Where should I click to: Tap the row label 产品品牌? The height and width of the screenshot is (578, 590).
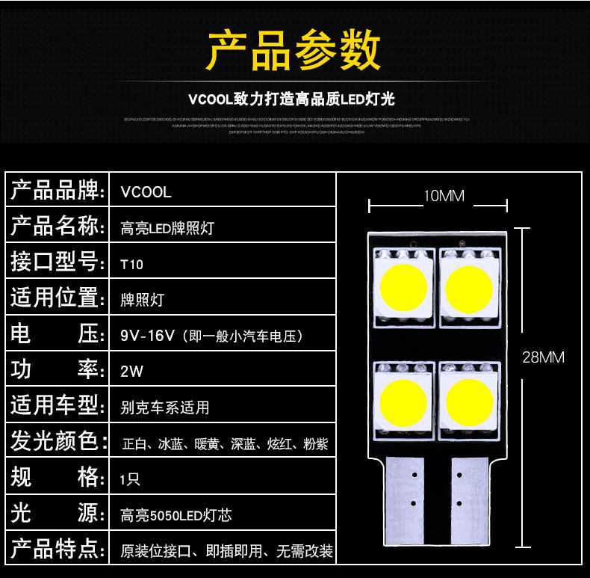pos(56,191)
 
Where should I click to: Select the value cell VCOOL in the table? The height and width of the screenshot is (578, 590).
pos(146,192)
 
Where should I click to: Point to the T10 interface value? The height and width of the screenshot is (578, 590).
pos(131,264)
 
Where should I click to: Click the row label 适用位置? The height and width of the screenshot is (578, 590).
pos(56,298)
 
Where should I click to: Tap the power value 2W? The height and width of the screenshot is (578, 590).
pos(131,371)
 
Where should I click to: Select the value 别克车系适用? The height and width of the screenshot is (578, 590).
pos(165,408)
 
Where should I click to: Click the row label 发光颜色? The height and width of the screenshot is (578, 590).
pos(56,442)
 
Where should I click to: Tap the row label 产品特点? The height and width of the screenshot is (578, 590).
pos(56,550)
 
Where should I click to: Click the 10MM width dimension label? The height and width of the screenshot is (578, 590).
pos(444,197)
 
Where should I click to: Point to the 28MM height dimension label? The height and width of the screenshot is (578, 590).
pos(543,357)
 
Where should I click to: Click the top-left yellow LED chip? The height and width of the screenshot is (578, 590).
pos(403,286)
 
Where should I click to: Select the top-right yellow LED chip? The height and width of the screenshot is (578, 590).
pos(469,286)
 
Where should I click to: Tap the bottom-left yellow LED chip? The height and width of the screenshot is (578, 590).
pos(403,401)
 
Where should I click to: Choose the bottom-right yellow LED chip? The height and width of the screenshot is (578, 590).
pos(469,401)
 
